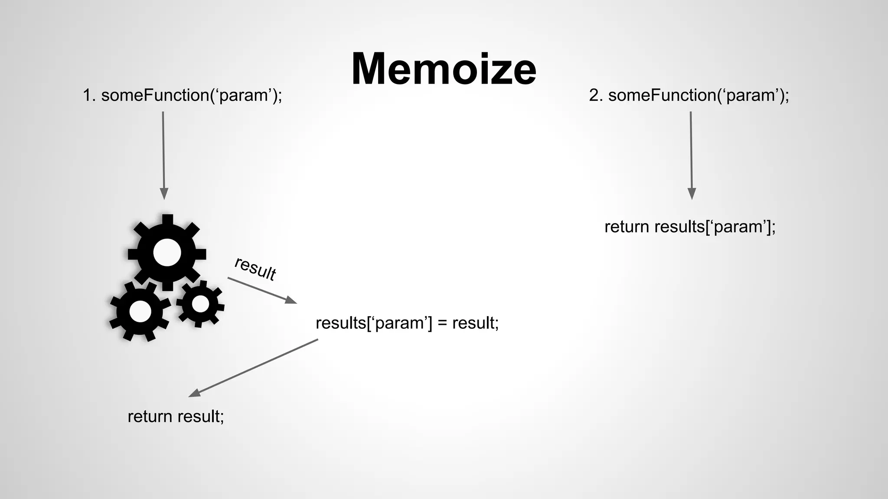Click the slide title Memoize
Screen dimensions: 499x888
click(444, 69)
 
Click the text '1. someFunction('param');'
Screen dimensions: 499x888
click(182, 95)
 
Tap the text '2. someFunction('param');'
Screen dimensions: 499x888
click(689, 95)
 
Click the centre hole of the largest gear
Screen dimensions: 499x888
click(167, 252)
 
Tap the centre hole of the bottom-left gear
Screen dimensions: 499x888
click(140, 311)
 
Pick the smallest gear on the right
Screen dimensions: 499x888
click(200, 304)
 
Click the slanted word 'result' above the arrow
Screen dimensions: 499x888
click(255, 269)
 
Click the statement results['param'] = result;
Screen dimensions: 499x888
click(407, 323)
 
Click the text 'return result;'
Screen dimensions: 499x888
click(176, 416)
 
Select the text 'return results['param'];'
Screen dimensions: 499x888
click(690, 227)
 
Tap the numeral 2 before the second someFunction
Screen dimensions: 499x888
click(594, 95)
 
